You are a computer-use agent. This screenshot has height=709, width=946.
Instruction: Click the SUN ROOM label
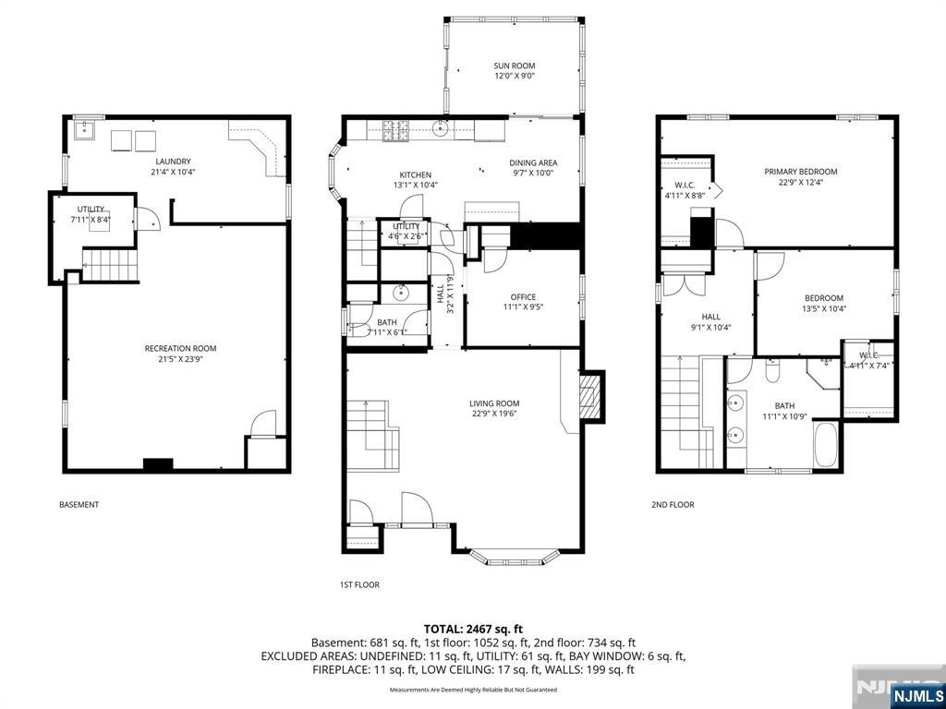(514, 66)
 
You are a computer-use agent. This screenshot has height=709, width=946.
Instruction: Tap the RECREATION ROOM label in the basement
(180, 348)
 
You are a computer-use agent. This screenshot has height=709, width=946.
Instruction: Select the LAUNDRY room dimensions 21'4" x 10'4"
(173, 172)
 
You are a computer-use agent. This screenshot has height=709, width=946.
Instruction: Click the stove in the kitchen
(396, 131)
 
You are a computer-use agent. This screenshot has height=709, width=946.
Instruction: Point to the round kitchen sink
(442, 128)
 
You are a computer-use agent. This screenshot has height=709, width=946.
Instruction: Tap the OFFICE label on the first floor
(523, 296)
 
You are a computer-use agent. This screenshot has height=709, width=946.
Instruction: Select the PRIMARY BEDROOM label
(800, 172)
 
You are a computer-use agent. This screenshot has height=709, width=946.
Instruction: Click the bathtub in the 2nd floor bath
(825, 445)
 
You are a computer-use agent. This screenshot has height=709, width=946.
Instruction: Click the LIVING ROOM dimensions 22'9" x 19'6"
(493, 414)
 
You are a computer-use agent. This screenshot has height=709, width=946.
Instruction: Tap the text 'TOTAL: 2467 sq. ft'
(473, 629)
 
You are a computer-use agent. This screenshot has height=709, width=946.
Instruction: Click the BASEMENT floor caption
(79, 505)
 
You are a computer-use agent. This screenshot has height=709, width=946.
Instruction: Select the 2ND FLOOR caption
(673, 505)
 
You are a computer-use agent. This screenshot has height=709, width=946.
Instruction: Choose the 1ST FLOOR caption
(359, 584)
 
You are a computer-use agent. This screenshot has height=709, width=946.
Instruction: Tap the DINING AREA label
(533, 162)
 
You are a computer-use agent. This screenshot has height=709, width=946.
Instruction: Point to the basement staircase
(109, 265)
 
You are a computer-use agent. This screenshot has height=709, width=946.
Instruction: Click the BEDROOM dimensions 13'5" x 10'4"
(824, 308)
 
